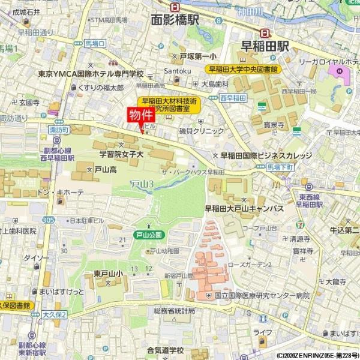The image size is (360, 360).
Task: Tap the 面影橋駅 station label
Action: (175, 19)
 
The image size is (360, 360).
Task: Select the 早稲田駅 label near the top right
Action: (265, 46)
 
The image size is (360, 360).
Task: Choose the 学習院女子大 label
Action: (122, 154)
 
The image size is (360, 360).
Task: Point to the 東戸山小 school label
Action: (109, 274)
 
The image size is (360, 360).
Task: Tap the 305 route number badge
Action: (49, 221)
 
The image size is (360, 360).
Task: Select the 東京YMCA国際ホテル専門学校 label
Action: (91, 74)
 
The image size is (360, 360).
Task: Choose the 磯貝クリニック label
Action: (201, 131)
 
